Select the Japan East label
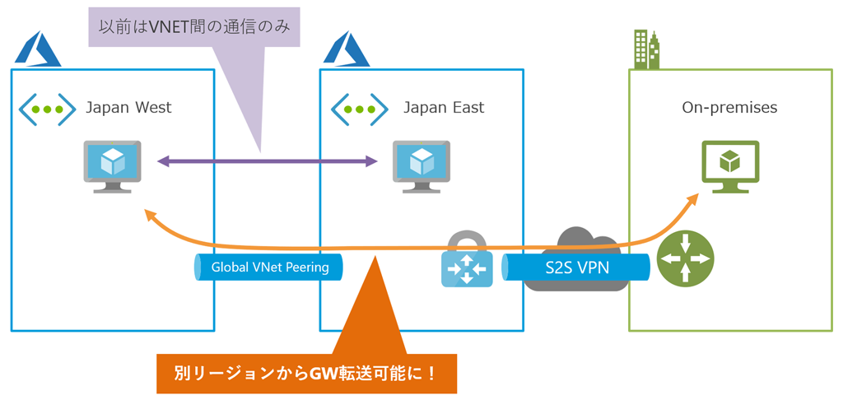(444, 107)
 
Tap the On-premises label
(729, 107)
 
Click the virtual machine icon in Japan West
(112, 165)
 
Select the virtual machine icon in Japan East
(421, 165)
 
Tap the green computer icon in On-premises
(729, 165)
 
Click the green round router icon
(686, 258)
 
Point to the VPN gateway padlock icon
(467, 261)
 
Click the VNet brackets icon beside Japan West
(47, 109)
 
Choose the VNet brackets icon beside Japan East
(359, 109)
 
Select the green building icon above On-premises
(647, 49)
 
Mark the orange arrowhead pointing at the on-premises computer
(693, 200)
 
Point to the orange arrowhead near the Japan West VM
(150, 215)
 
